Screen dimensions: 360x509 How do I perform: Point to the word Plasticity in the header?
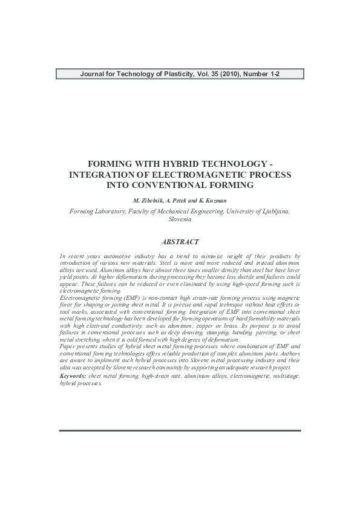pyautogui.click(x=171, y=74)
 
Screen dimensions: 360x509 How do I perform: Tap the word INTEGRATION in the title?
pyautogui.click(x=100, y=175)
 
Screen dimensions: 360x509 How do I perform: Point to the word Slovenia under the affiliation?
pyautogui.click(x=180, y=219)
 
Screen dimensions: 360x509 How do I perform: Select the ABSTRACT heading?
pyautogui.click(x=180, y=241)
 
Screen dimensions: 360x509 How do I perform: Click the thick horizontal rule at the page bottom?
pyautogui.click(x=180, y=430)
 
